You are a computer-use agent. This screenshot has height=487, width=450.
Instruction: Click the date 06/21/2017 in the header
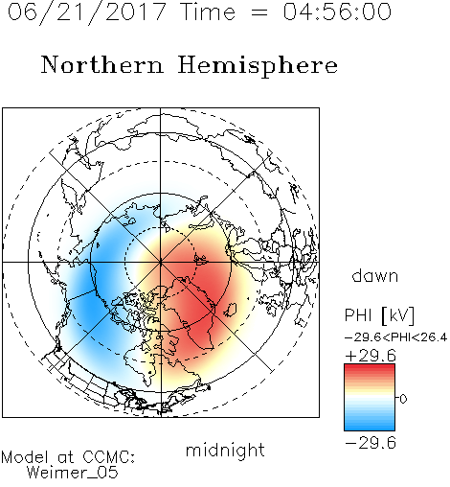[x=87, y=12]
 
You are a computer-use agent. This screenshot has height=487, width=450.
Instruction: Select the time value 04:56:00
[x=337, y=12]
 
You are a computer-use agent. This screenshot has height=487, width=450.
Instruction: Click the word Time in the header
[x=208, y=12]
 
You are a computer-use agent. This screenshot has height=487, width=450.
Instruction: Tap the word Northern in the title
[x=102, y=64]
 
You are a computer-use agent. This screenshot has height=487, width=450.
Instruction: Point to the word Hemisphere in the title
[x=258, y=66]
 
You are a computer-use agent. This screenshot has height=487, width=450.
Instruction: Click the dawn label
[x=375, y=275]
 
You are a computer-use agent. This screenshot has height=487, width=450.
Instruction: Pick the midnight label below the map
[x=225, y=450]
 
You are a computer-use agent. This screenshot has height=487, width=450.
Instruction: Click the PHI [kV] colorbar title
[x=379, y=315]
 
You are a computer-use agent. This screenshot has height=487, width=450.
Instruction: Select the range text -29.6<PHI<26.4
[x=395, y=337]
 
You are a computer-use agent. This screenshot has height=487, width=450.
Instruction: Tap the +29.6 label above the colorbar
[x=371, y=356]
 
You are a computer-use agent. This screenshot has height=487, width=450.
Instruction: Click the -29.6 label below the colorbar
[x=371, y=443]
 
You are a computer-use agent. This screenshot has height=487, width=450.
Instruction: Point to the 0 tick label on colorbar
[x=403, y=399]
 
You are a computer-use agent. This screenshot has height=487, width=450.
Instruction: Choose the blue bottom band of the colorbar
[x=370, y=425]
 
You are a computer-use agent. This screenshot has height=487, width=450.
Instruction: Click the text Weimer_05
[x=72, y=472]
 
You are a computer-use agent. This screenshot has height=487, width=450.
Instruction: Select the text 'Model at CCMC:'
[x=68, y=457]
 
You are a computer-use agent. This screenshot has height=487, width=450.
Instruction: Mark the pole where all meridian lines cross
[x=161, y=262]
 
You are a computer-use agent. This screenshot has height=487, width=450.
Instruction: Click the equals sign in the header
[x=259, y=12]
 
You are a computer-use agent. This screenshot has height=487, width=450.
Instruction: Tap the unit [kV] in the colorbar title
[x=398, y=315]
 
